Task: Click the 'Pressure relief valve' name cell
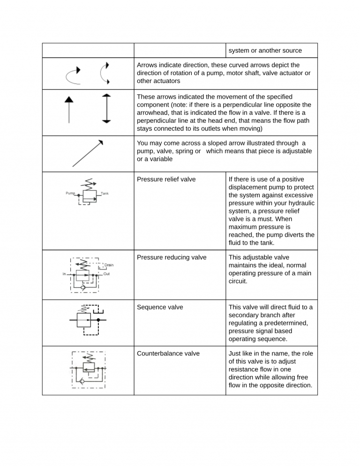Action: pos(166,179)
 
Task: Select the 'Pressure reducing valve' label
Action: pos(171,257)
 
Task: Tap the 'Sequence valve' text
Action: pos(160,307)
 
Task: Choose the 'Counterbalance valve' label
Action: pos(168,353)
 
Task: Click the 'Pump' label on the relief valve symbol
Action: pos(70,193)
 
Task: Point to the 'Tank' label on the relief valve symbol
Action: pos(105,193)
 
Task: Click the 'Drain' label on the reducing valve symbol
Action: pos(109,265)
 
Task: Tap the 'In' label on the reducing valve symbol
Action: pos(64,274)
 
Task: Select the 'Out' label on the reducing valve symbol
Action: pos(106,274)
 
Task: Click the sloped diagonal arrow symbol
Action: pos(88,153)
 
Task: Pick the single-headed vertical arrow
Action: pos(69,109)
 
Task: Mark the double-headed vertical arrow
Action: pos(106,108)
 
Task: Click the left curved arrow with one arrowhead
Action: pos(73,74)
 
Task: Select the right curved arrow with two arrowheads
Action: pos(105,73)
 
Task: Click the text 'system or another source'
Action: pos(265,51)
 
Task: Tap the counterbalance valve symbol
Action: pos(88,369)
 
